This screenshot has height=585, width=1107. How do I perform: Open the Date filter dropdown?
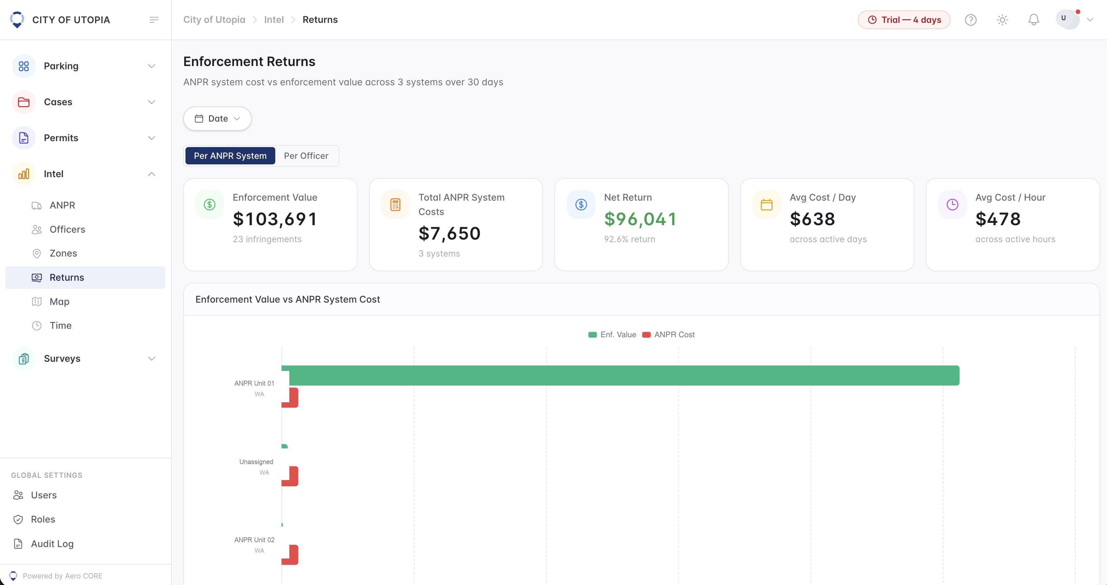pos(217,118)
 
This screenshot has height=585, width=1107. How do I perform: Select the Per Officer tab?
pos(306,156)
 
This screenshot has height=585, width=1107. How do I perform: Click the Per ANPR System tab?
pos(230,156)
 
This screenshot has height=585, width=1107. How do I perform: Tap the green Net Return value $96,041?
pos(640,219)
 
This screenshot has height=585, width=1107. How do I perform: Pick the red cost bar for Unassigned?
pos(290,476)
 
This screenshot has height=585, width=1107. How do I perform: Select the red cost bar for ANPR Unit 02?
pos(290,555)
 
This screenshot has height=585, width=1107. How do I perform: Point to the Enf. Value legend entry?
pos(612,335)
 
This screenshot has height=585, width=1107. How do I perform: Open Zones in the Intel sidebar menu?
pos(63,253)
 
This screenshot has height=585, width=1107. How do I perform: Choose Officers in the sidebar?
pos(67,229)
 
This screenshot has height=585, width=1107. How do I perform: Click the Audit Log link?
pos(52,544)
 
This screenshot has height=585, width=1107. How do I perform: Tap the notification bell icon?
pos(1034,20)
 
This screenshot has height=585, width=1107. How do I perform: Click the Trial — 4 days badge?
pos(904,20)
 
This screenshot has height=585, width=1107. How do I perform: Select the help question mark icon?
pos(971,20)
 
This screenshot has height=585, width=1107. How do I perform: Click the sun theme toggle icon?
pos(1002,20)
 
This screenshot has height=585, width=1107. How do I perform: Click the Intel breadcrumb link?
pos(274,20)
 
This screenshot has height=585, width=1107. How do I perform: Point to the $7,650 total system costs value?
pos(450,234)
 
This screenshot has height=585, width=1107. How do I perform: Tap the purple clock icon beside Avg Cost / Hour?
pos(952,205)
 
